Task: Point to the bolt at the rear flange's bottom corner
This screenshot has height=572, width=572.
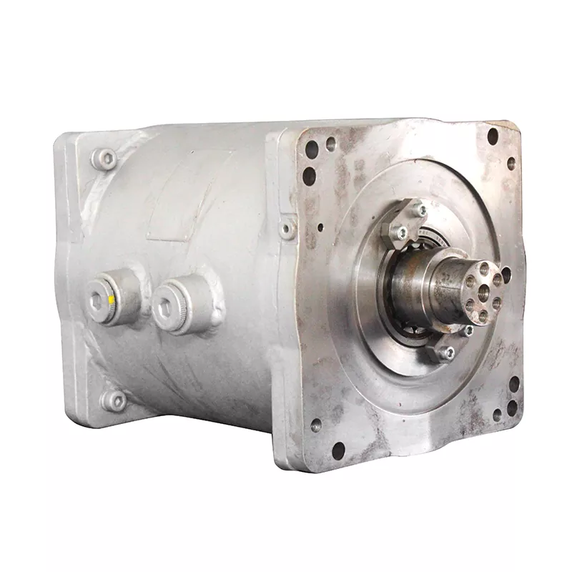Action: coord(114,400)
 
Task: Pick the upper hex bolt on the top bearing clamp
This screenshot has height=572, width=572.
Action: coord(420,210)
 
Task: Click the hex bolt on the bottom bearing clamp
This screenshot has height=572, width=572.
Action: coord(447,352)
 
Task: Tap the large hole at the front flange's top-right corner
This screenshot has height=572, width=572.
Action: coord(493,135)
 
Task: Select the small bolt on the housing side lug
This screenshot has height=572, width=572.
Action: coord(287,230)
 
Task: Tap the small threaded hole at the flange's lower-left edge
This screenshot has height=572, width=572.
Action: coord(315,425)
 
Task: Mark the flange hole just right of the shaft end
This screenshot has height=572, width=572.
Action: coord(506,275)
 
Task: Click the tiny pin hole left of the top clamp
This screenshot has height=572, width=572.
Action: coord(320,228)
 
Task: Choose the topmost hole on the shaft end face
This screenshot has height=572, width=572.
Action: coord(485,268)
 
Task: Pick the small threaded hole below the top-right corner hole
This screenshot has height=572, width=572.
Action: coord(511,163)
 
